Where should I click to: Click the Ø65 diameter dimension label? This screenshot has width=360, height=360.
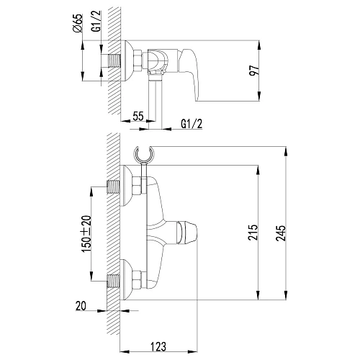coord(77,23)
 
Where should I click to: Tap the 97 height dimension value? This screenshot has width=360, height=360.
coord(254,70)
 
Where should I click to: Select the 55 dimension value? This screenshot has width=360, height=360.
coord(138,116)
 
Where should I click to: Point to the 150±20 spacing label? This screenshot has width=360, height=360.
coord(86,234)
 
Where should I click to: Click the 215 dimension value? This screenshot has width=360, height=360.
coord(253,233)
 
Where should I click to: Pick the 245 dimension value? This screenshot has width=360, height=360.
coord(280,233)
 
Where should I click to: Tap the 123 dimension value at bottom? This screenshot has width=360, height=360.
coord(158,346)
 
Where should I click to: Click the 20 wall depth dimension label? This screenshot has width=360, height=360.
coord(81,306)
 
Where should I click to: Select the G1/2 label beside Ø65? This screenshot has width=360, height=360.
coord(96,21)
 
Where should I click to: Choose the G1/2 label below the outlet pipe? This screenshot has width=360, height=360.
coord(192,124)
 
